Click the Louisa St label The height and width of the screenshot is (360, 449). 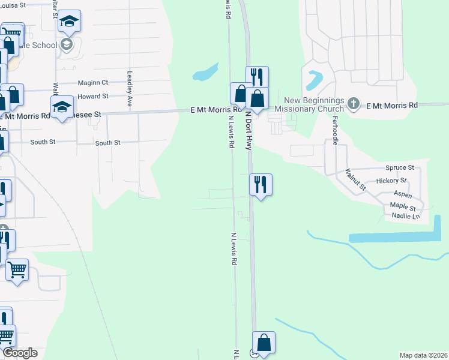click(13, 4)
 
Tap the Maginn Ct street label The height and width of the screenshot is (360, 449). click(93, 83)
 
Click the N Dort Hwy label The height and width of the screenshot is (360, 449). click(247, 131)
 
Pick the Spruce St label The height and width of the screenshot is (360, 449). click(400, 168)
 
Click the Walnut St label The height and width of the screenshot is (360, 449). click(355, 179)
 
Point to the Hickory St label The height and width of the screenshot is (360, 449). click(391, 181)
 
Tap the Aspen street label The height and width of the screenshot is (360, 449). click(403, 195)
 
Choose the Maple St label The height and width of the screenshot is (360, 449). click(403, 206)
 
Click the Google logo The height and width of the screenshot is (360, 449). click(20, 353)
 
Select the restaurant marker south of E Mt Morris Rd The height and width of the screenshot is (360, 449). click(261, 184)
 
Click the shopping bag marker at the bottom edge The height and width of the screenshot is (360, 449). click(264, 343)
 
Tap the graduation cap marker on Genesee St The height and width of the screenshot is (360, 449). click(62, 107)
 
